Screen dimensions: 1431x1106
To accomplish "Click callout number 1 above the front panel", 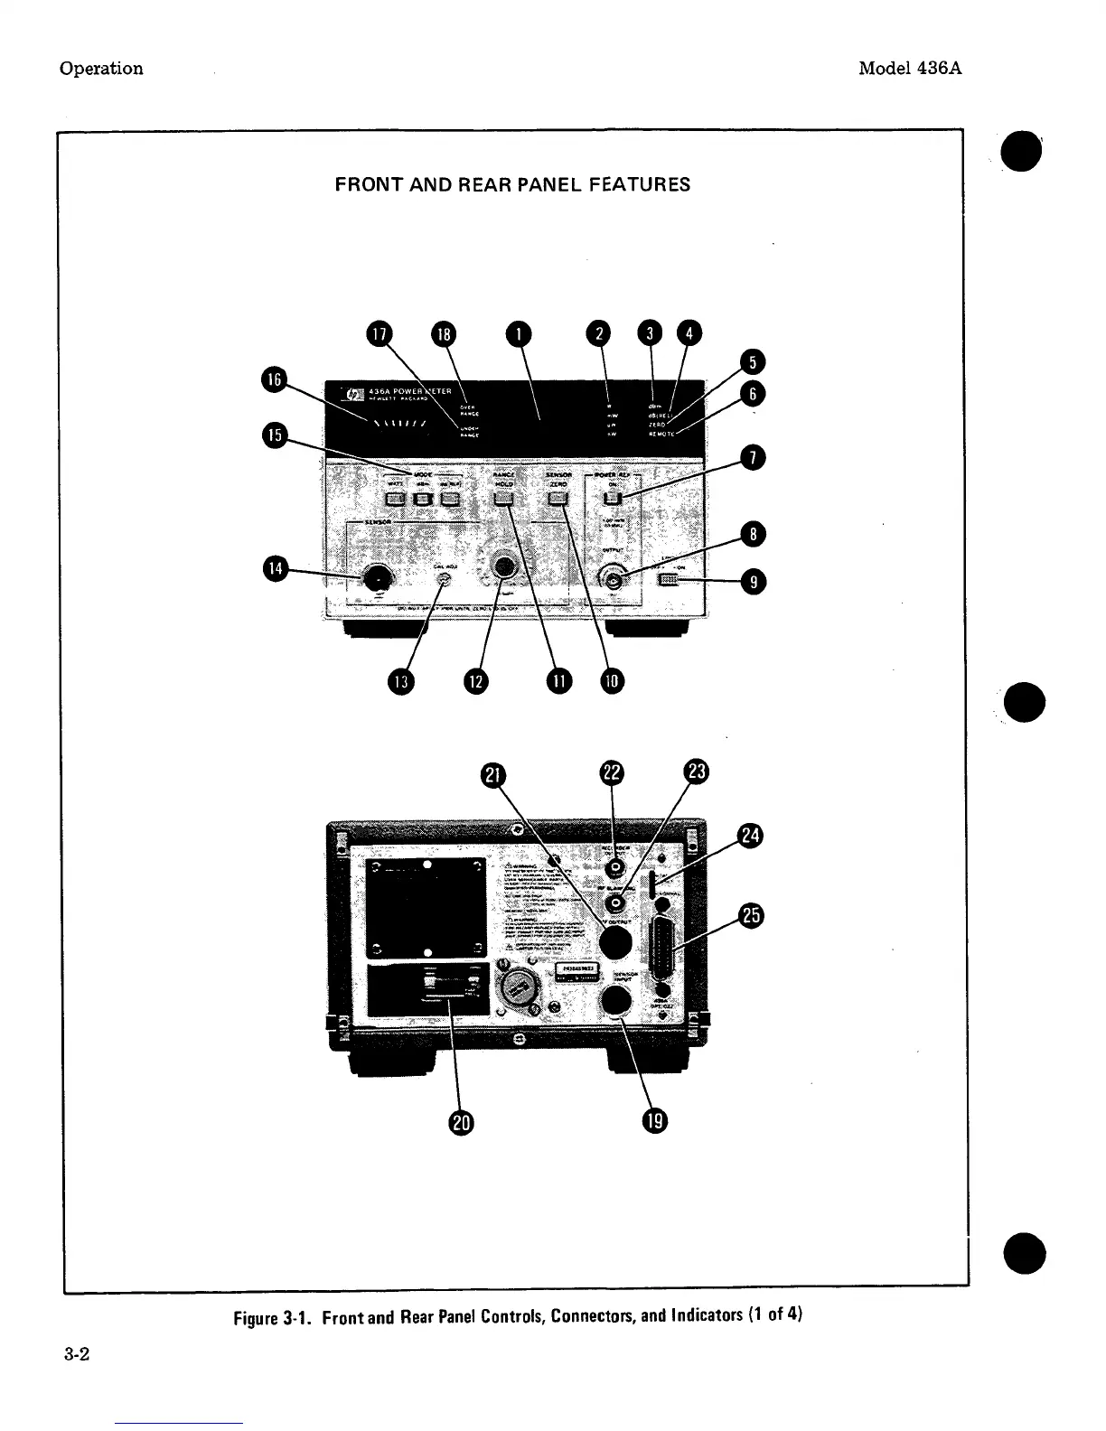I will pos(519,333).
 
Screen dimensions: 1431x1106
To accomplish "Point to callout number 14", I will pos(274,568).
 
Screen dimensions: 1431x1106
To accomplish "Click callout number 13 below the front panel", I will pos(400,680).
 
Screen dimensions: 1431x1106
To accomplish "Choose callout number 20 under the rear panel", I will pos(461,1122).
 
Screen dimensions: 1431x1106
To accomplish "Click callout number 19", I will pos(654,1122).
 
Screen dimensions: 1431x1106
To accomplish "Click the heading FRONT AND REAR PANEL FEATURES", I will pos(512,184).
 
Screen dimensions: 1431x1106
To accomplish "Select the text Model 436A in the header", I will pos(909,69).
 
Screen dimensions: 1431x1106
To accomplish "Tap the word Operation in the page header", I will pos(101,69).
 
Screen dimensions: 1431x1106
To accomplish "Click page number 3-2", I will pos(74,1355).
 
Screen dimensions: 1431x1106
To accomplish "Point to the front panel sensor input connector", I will pos(373,577).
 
